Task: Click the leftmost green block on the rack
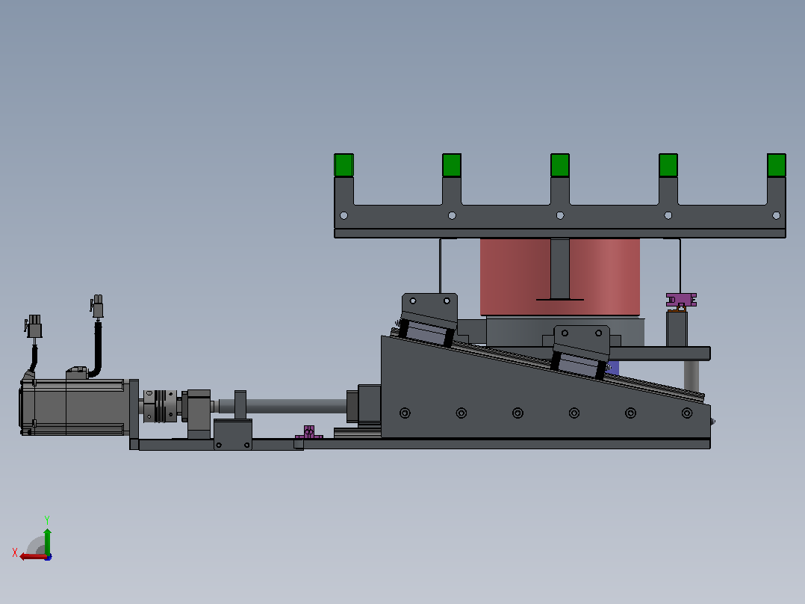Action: [x=344, y=165]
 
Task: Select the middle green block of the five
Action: [x=559, y=165]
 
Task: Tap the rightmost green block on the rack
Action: [x=777, y=165]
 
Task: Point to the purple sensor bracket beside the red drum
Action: [x=681, y=301]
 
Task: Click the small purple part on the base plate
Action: [x=308, y=432]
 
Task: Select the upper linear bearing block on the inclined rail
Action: [x=428, y=319]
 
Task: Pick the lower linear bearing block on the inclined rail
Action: [x=581, y=352]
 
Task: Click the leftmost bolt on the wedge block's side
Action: [x=405, y=413]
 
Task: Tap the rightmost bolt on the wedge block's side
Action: [x=687, y=413]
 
